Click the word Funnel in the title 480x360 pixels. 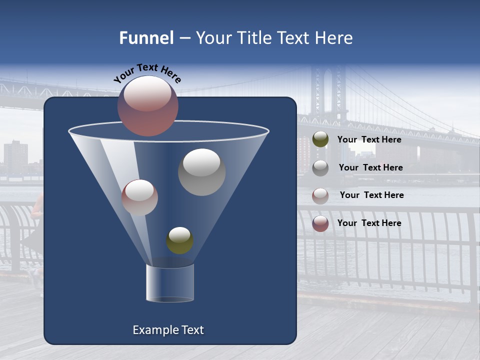pos(146,38)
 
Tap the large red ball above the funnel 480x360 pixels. pos(148,106)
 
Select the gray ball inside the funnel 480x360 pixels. pos(201,172)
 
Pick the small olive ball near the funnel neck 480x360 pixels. pos(179,240)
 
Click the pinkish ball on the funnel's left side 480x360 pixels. pos(139,197)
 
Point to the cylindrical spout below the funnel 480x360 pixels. pos(170,283)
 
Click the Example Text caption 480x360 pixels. pos(168,330)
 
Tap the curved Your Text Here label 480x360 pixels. pos(147,72)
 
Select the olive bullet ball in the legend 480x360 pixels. pos(320,139)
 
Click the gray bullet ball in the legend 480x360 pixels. pos(320,168)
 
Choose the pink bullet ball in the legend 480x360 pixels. pos(320,196)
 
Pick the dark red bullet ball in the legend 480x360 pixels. pos(320,223)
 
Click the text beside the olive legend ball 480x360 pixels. pos(369,139)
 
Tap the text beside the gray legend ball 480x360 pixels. pos(370,167)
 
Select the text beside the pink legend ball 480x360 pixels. pos(371,195)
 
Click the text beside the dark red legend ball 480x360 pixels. pos(369,223)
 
